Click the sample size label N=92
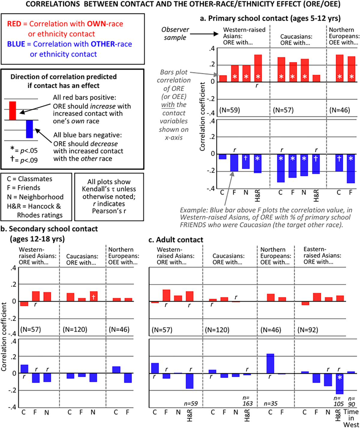coord(308,330)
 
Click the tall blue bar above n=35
coord(270,363)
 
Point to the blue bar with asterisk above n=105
coord(340,384)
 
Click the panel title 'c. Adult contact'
coord(176,240)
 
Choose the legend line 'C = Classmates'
coord(29,179)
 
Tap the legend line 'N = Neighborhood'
coord(35,197)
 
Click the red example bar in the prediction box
coord(12,111)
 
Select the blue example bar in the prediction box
coord(29,129)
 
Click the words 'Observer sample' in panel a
coord(175,34)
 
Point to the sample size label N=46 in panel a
coord(340,110)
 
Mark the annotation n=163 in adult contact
coord(247,401)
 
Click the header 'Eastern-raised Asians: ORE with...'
coord(318,256)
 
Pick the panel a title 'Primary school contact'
coord(270,18)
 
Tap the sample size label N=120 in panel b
coord(75,330)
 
